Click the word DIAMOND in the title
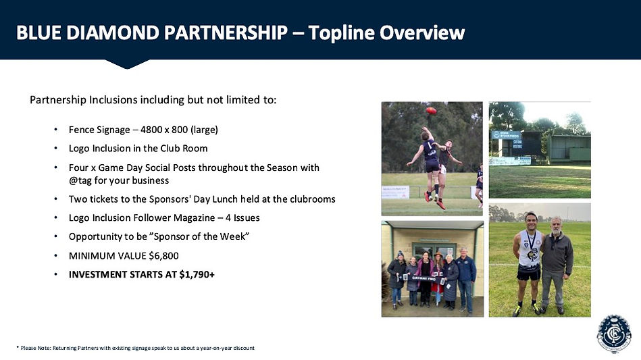tap(112, 32)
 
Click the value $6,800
tap(163, 256)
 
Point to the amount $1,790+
tap(197, 274)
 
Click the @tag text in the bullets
tap(80, 180)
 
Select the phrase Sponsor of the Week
tap(199, 236)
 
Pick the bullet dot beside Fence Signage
tap(55, 130)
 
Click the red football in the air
tap(431, 110)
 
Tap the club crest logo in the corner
tap(614, 333)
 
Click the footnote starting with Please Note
tap(135, 348)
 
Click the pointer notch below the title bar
tap(127, 64)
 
